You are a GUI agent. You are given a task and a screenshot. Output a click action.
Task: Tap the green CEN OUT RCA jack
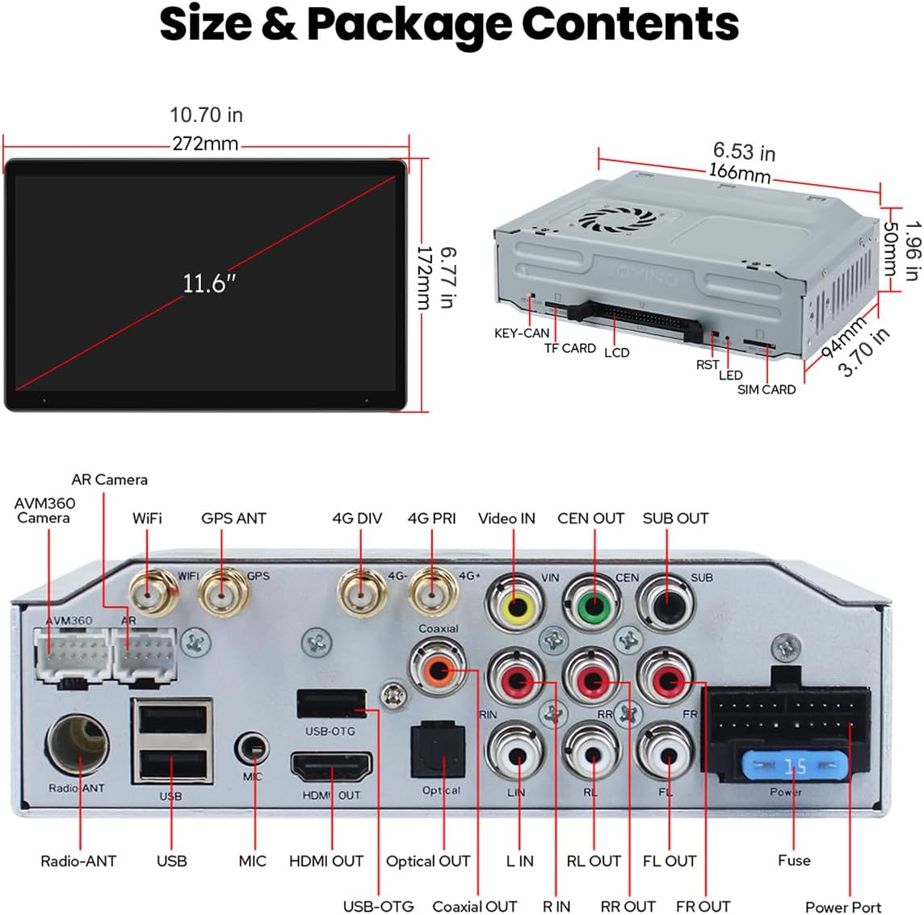point(593,604)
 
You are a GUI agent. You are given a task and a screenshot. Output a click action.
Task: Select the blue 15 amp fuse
point(795,764)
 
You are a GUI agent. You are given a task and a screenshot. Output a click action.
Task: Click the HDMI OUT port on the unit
point(331,766)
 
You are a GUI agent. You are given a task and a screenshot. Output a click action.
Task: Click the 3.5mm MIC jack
point(253,749)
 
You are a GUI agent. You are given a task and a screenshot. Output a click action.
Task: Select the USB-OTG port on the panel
point(331,704)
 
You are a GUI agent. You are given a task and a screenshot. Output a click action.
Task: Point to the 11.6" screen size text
point(208,283)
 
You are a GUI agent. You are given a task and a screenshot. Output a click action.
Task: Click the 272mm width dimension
point(205,144)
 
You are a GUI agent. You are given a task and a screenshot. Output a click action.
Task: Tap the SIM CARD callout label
point(766,389)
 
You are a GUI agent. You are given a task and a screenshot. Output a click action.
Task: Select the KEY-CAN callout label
point(522,333)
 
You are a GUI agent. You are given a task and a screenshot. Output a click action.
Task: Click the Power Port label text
point(842,907)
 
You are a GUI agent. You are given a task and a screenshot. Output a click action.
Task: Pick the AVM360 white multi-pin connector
point(70,653)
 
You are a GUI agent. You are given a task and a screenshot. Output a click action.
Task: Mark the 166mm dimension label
point(739,172)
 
